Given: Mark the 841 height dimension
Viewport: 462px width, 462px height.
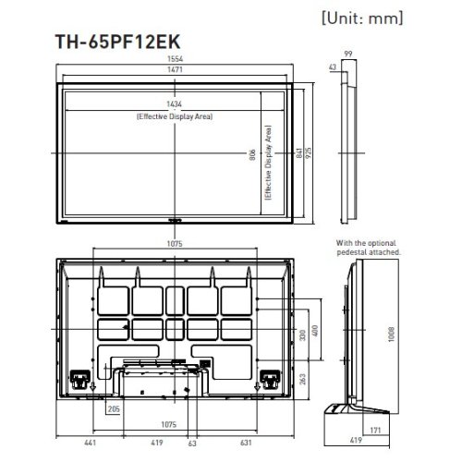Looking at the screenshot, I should tap(298, 155).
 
